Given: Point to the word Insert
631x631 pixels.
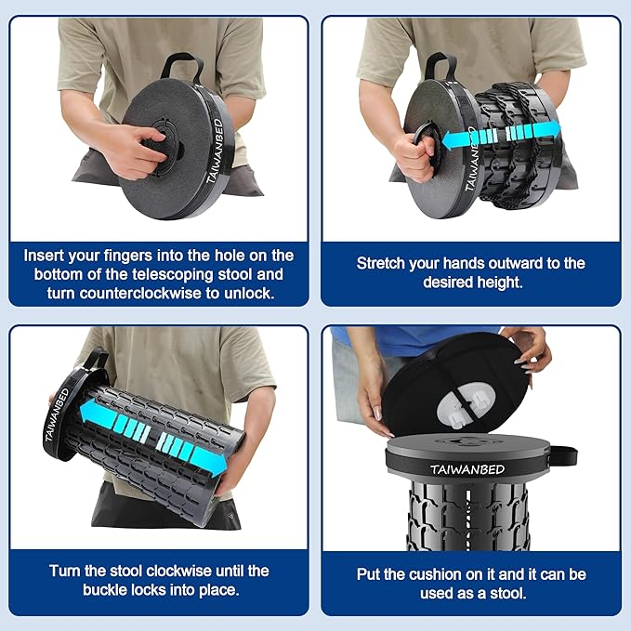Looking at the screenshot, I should (46, 255).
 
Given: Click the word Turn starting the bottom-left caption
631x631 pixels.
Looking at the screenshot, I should (65, 571).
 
